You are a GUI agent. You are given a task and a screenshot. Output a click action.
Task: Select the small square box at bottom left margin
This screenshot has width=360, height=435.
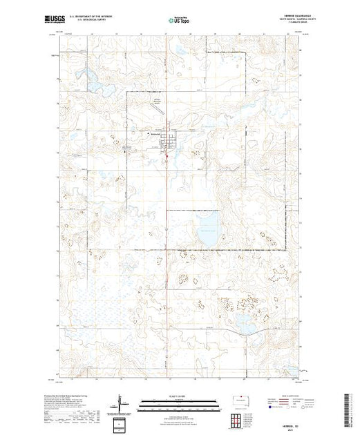121,423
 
